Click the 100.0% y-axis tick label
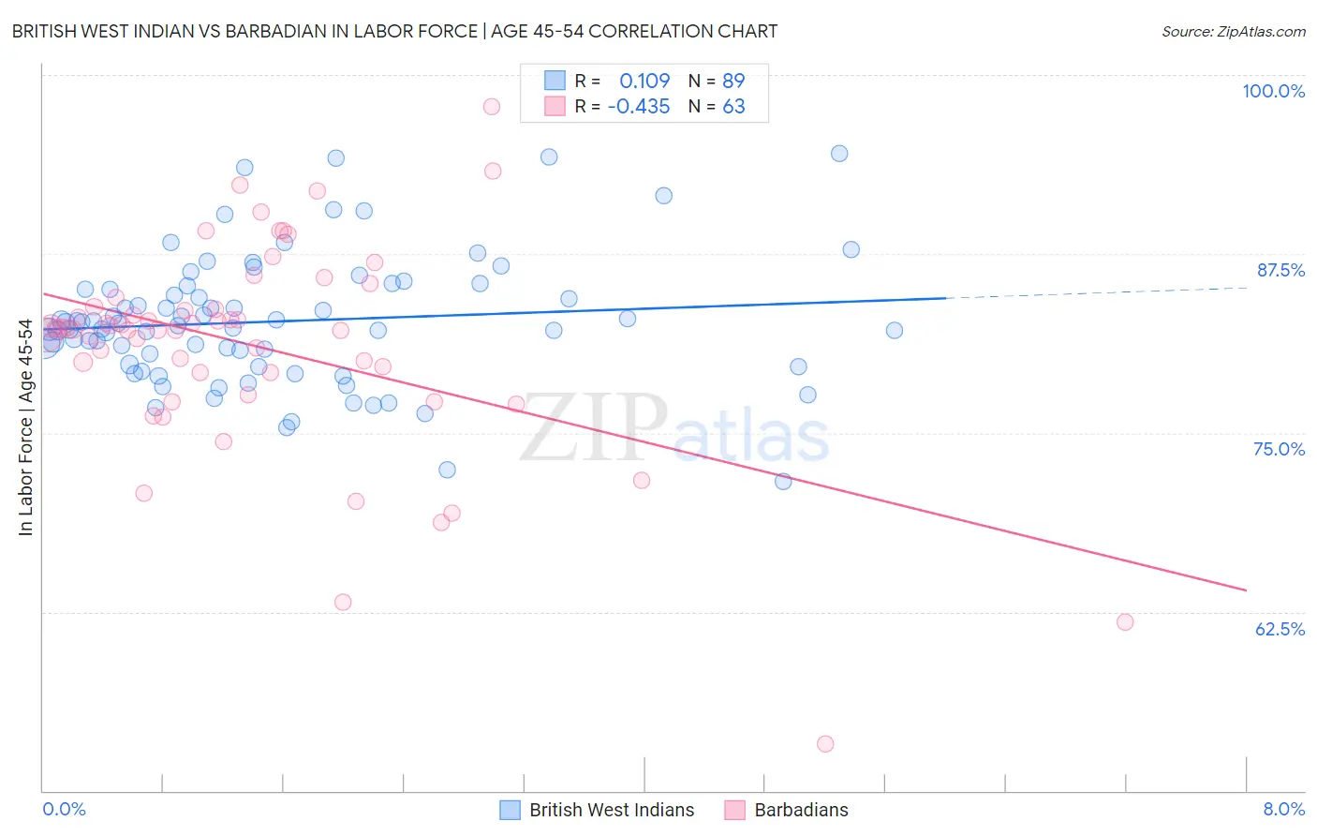pos(1273,91)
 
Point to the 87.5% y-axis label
pos(1280,270)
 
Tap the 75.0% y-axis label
pos(1279,449)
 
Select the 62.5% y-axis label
pos(1280,629)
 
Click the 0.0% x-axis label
pos(64,809)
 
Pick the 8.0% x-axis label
pos(1283,809)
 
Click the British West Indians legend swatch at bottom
pos(510,810)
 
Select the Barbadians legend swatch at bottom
pos(734,810)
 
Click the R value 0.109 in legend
pos(644,81)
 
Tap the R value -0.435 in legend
pos(639,106)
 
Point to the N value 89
pos(733,81)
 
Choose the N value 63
pos(733,106)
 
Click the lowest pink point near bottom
pos(825,744)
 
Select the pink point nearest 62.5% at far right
pos(1125,622)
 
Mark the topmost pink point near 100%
pos(492,107)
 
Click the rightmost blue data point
pos(895,330)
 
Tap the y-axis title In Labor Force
pos(25,427)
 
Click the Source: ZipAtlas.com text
pos(1233,31)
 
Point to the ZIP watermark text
pos(594,427)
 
